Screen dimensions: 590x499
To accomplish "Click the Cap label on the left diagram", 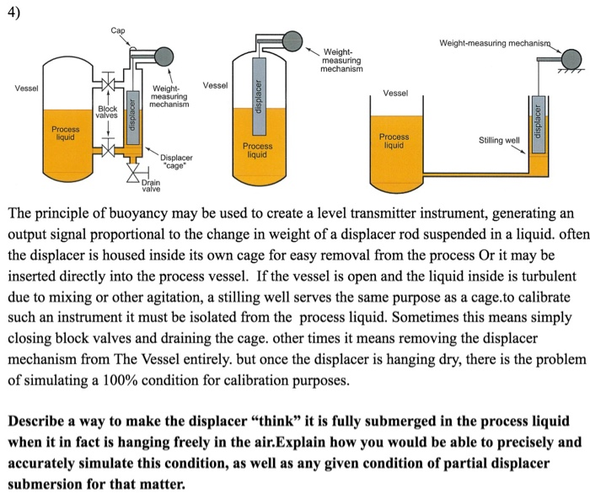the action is pyautogui.click(x=118, y=30).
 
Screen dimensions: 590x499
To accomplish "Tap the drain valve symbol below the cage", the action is pyautogui.click(x=133, y=174).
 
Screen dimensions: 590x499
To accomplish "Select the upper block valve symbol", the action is pyautogui.click(x=109, y=83).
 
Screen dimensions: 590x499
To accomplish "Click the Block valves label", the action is pyautogui.click(x=107, y=112).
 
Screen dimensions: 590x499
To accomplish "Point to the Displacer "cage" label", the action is pyautogui.click(x=175, y=162).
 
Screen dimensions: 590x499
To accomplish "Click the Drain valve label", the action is pyautogui.click(x=151, y=185).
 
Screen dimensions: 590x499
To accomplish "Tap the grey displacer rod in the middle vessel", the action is pyautogui.click(x=258, y=96).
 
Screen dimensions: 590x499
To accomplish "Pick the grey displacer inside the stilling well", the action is pyautogui.click(x=538, y=124).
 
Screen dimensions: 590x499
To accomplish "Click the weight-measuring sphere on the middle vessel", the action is pyautogui.click(x=292, y=41).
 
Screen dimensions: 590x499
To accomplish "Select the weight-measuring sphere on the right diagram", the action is pyautogui.click(x=571, y=59).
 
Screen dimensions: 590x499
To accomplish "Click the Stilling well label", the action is pyautogui.click(x=499, y=141).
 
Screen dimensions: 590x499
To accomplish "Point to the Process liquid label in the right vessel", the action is pyautogui.click(x=394, y=141).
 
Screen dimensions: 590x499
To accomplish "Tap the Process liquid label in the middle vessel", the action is pyautogui.click(x=257, y=150).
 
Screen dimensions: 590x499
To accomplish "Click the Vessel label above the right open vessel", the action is pyautogui.click(x=395, y=93).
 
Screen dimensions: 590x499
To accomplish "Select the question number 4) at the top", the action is pyautogui.click(x=14, y=13).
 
